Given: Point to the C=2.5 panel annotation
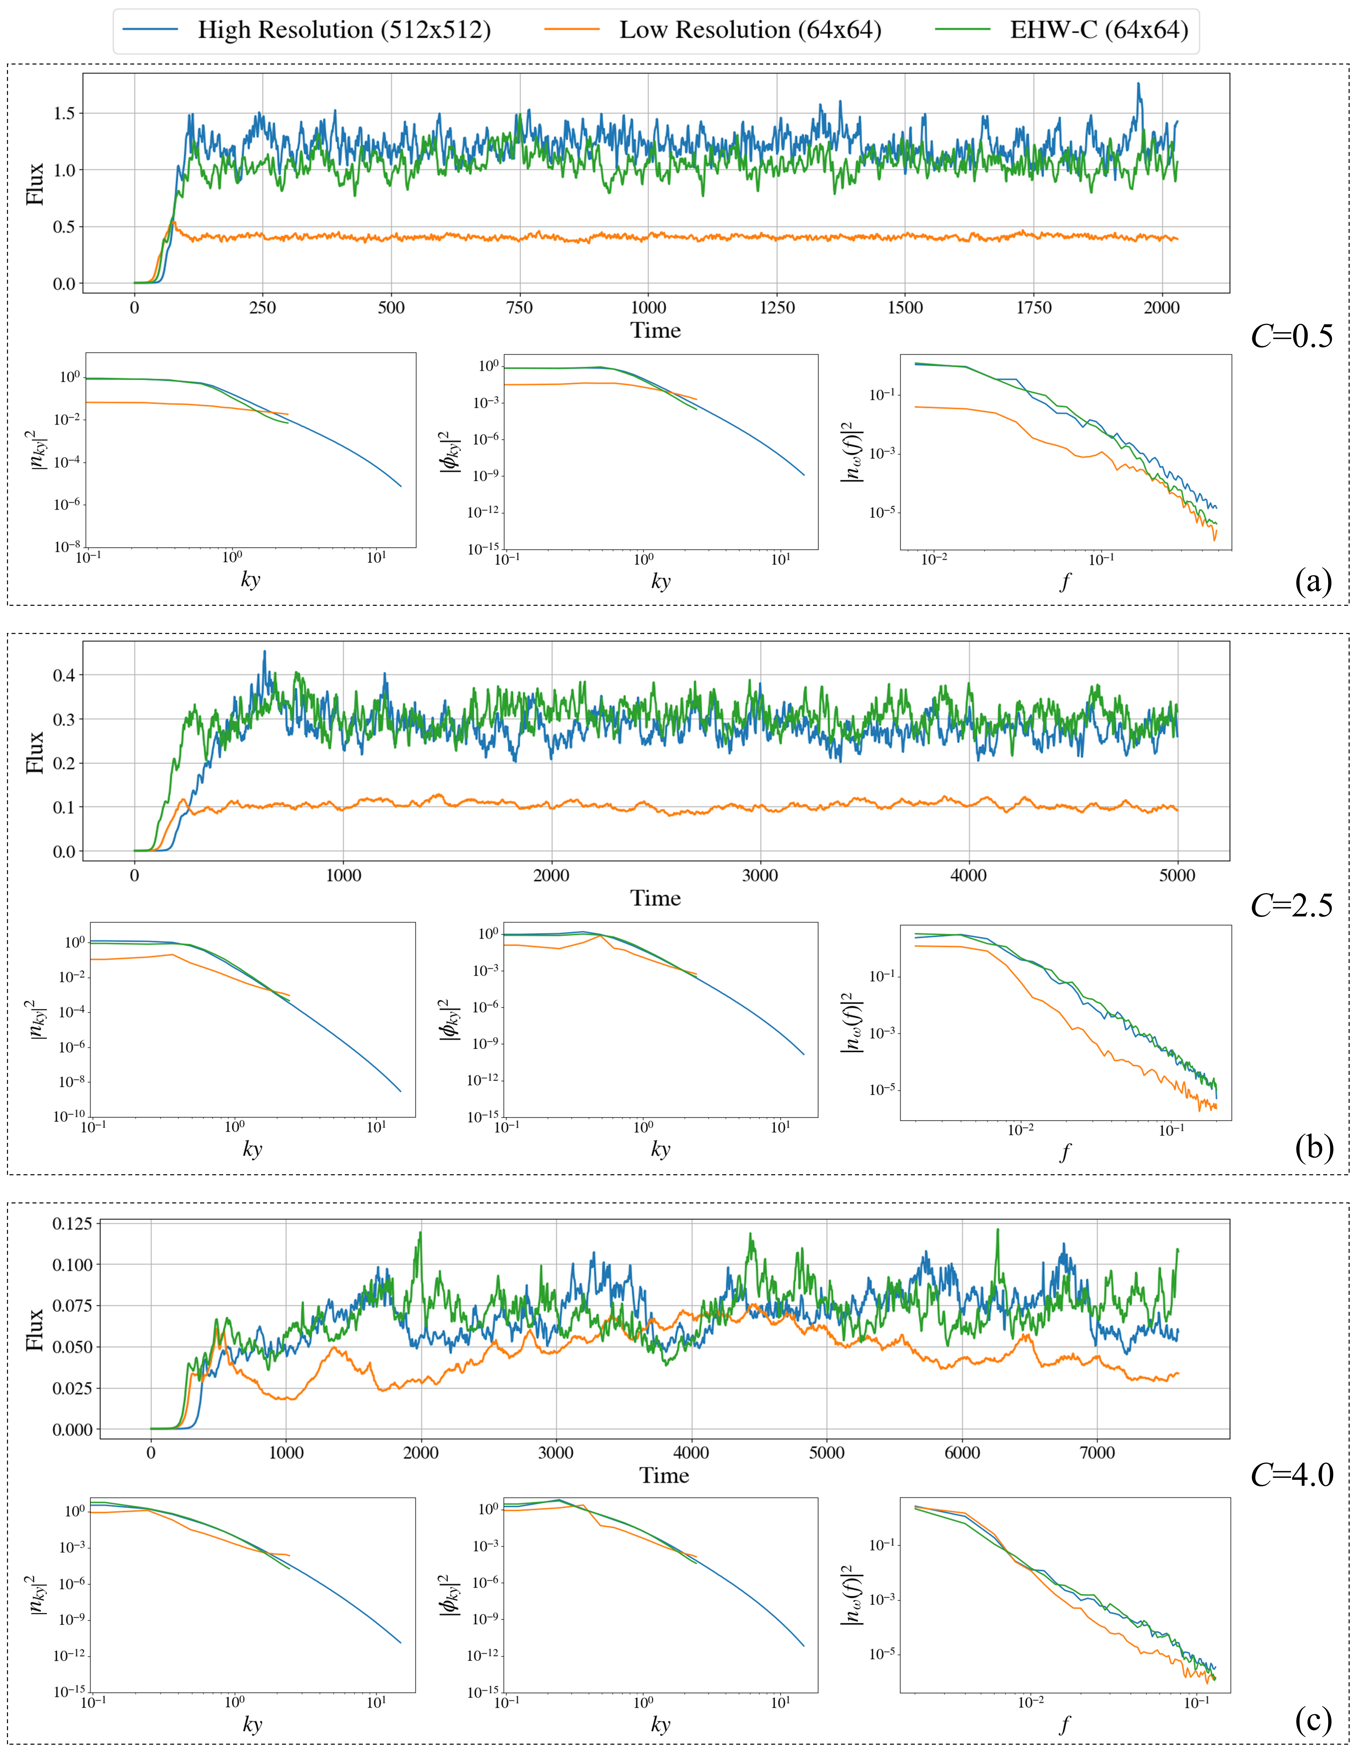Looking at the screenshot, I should point(1291,905).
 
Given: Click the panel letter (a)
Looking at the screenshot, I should point(1313,580).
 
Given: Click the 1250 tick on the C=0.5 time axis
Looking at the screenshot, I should point(776,307).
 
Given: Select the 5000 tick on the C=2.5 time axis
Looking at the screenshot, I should point(1176,875).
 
